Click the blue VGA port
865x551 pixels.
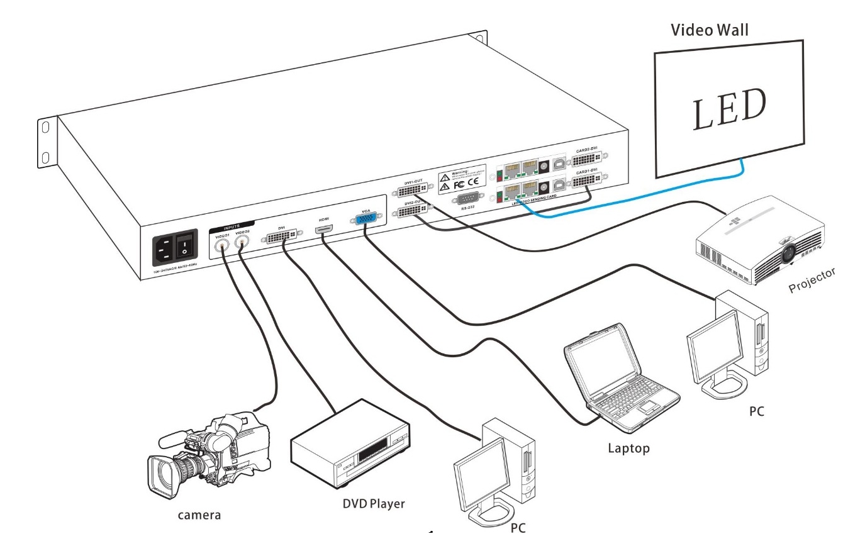click(366, 220)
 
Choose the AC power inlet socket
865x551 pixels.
click(162, 252)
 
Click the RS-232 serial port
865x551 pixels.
click(468, 197)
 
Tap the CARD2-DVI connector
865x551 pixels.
click(586, 158)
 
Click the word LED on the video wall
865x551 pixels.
click(729, 109)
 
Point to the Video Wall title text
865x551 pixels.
click(709, 30)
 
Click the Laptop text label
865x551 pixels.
click(628, 448)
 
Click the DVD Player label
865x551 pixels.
click(374, 504)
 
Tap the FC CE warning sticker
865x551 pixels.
click(462, 180)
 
